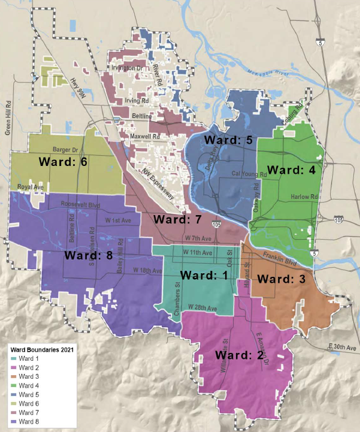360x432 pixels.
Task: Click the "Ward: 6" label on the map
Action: point(64,161)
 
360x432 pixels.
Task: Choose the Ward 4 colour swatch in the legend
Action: point(13,385)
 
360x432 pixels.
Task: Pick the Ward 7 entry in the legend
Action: point(28,412)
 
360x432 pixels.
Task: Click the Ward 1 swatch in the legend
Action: point(13,358)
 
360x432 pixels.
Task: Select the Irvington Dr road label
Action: point(128,68)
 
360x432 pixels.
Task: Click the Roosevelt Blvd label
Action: point(80,204)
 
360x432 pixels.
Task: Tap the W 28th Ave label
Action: point(202,307)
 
